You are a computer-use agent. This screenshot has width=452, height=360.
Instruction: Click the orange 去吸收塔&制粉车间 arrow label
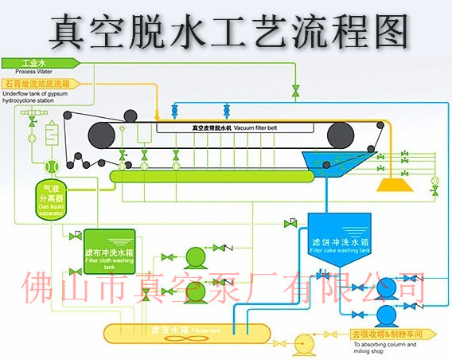coord(387,334)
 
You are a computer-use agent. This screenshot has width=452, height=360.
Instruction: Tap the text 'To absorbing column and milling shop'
coord(382,348)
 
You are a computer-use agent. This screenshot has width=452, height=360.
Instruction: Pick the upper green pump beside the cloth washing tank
coord(194,256)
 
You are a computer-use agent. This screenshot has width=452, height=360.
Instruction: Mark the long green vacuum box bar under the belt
coord(207,174)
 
